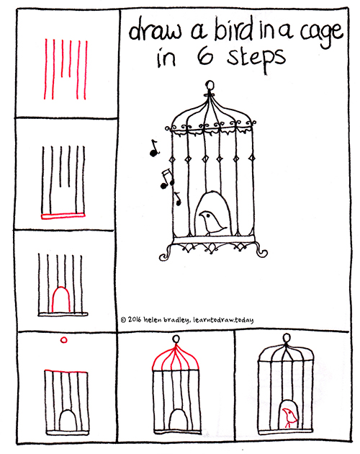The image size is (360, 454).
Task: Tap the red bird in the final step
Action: pyautogui.click(x=289, y=417)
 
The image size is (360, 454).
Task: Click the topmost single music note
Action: pyautogui.click(x=152, y=148)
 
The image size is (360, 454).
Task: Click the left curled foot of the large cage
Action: pyautogui.click(x=167, y=252)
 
